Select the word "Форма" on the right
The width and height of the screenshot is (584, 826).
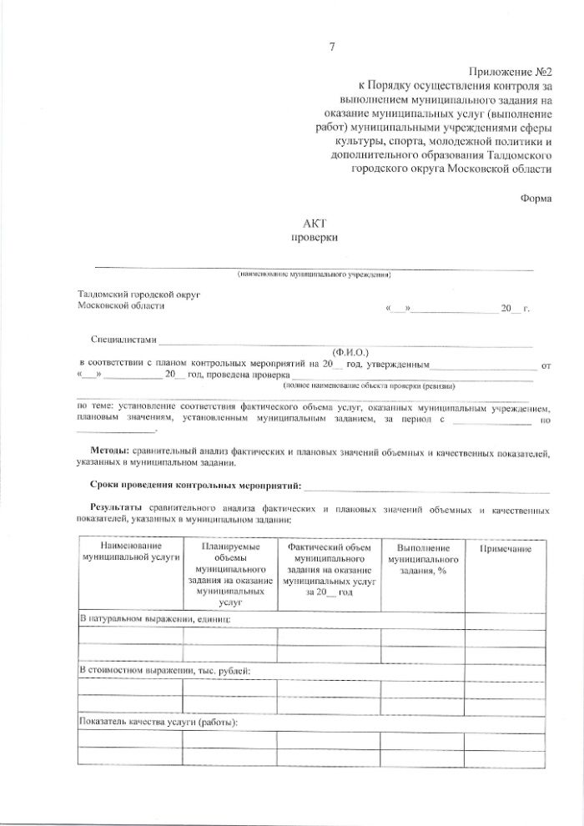tap(536, 199)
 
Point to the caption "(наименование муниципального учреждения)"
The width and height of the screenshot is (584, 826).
tap(314, 274)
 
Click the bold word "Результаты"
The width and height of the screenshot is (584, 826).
tap(117, 508)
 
